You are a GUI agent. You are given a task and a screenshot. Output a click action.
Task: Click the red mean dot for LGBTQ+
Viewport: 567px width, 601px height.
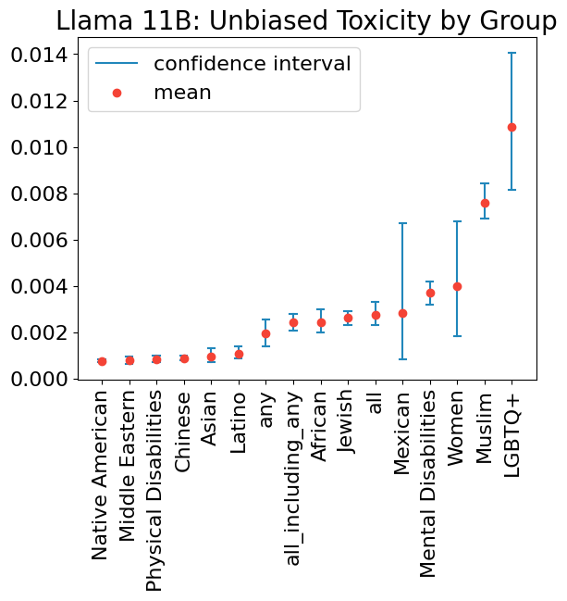tap(512, 127)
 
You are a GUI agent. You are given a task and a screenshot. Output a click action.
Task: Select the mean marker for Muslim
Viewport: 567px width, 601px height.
tap(485, 203)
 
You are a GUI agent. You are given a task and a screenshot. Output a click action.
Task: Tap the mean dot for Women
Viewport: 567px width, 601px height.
tap(457, 286)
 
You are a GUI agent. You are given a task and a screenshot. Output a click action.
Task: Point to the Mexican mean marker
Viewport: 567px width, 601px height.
tap(402, 313)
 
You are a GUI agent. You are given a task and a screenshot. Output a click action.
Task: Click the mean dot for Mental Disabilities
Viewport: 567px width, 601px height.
tap(430, 293)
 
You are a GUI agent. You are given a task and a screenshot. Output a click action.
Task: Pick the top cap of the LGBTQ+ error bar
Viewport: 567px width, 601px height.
tap(512, 54)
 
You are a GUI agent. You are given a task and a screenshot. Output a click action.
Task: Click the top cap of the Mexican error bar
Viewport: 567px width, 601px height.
tap(402, 223)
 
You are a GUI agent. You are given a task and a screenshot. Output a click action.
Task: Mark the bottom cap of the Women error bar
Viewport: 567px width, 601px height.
tap(457, 336)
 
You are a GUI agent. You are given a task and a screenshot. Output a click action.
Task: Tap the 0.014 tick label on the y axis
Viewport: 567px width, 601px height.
tap(39, 56)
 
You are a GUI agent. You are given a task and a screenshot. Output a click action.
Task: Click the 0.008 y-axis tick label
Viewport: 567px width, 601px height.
tap(39, 194)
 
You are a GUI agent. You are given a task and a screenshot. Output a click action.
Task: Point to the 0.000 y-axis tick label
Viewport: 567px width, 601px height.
tap(39, 380)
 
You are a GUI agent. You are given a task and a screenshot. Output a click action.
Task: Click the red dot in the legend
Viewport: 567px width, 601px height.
tap(117, 93)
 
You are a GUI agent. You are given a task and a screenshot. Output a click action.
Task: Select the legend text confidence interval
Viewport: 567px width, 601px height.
tap(252, 64)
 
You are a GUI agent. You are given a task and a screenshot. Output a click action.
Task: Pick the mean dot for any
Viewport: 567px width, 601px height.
tap(265, 333)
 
